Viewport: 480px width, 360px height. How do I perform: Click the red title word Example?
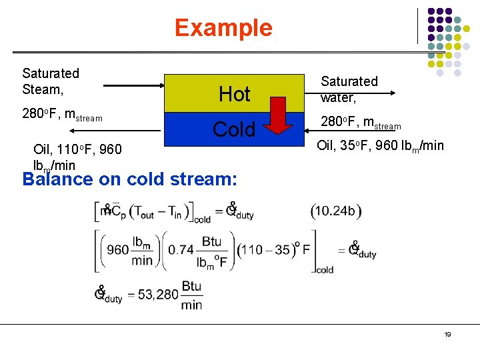coord(223,28)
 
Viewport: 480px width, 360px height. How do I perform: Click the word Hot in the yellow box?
coord(235,95)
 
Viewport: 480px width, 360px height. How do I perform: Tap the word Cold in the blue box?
coord(234,129)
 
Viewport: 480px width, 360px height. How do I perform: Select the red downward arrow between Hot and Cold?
coord(281,113)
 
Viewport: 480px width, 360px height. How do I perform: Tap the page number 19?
coord(448,334)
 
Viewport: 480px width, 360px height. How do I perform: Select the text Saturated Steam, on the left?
coord(51,81)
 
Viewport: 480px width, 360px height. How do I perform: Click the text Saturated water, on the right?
coord(349,89)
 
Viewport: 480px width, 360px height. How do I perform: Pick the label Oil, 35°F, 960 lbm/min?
coord(380,145)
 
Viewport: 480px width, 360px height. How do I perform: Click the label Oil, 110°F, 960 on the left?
coord(77,149)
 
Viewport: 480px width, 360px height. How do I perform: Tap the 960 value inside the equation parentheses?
coord(118,250)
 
